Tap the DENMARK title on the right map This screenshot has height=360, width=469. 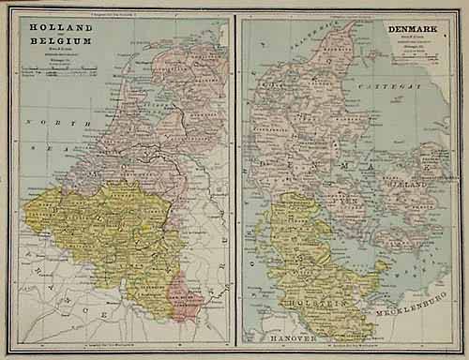(418, 29)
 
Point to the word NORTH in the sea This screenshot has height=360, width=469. (43, 123)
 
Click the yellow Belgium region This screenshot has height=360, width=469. (103, 225)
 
